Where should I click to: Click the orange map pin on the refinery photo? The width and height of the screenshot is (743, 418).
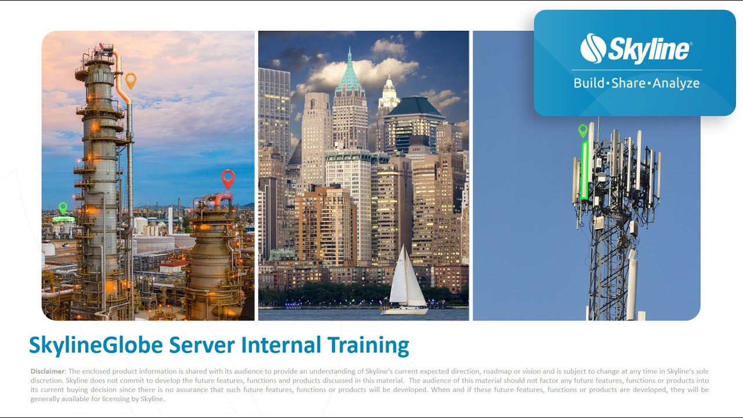[x=131, y=80]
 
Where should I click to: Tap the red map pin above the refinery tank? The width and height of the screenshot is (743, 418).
[x=228, y=178]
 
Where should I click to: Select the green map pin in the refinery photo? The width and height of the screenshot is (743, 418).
[x=63, y=207]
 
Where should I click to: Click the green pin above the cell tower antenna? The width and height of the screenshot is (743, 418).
[x=583, y=131]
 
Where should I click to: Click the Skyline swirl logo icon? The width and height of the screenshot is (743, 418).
[x=593, y=49]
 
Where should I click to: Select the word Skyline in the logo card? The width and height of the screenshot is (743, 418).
[x=649, y=50]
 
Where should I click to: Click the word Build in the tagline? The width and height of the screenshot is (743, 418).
[x=589, y=83]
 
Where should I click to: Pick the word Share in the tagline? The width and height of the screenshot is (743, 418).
[x=629, y=83]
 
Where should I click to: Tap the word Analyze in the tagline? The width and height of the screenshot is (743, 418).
[x=676, y=83]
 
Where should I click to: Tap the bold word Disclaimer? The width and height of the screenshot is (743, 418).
[x=49, y=371]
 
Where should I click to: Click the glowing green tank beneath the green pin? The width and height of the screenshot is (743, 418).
[x=63, y=219]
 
